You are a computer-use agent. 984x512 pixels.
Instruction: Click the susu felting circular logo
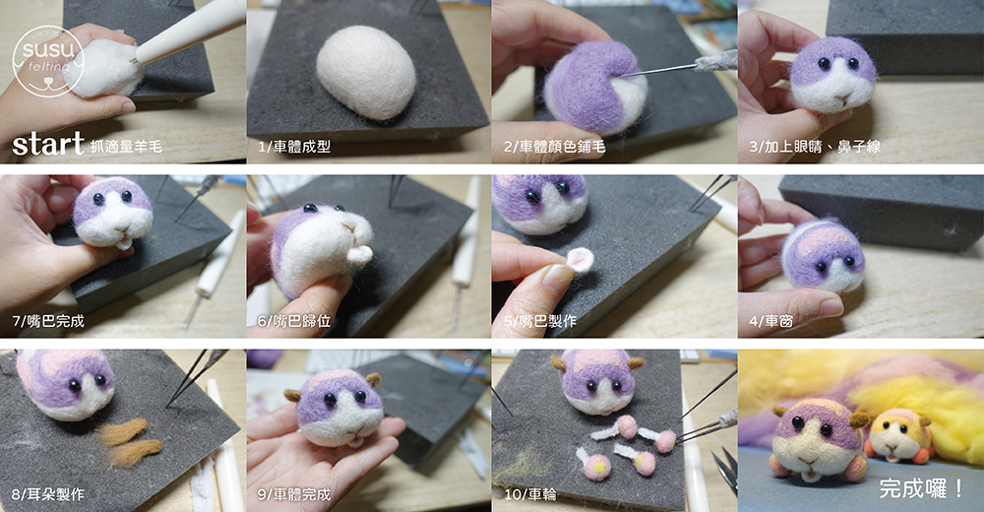coord(47,61)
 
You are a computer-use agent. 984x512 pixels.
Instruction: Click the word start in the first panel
coord(47,144)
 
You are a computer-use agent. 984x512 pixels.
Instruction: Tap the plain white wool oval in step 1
coord(366,72)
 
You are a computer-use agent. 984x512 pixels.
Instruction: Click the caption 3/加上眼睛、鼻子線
coord(815,147)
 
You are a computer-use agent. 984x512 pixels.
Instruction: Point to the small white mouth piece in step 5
coord(582,260)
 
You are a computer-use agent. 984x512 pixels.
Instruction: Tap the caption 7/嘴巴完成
coord(47,321)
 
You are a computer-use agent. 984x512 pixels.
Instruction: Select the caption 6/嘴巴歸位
coord(293,321)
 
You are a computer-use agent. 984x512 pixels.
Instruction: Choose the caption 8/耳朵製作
coord(47,494)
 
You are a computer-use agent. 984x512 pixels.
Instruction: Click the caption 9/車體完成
coord(293,494)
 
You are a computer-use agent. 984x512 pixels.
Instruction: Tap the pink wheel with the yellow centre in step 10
coord(597,467)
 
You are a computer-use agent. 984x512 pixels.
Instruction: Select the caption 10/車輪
coord(530,494)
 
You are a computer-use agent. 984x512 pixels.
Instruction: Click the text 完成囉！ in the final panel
coord(921,488)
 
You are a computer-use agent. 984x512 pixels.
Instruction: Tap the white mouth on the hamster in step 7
coord(125,242)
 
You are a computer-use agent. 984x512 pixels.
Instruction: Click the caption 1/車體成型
coord(293,147)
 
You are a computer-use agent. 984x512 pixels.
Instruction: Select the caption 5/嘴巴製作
coord(539,321)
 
